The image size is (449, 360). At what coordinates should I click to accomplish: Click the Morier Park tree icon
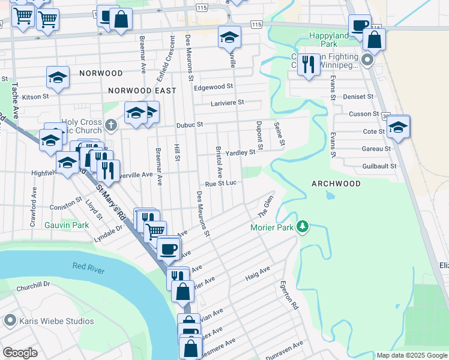304,226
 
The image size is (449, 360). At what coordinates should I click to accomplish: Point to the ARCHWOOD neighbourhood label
336,184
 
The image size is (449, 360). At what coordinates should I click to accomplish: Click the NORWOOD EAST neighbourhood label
142,91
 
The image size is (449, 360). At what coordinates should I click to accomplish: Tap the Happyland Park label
329,36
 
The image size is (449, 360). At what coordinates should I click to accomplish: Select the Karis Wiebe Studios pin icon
9,321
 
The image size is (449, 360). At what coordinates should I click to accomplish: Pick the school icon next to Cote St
397,127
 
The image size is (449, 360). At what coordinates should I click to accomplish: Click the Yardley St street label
241,152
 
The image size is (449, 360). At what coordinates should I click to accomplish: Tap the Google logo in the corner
20,353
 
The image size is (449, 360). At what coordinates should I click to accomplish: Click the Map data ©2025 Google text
411,355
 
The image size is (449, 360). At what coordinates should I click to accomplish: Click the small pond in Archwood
329,196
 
